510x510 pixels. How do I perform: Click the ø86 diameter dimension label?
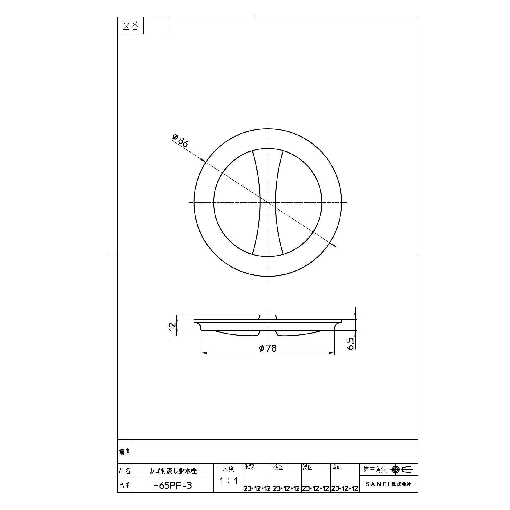click(181, 140)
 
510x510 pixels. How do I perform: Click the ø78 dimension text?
click(268, 348)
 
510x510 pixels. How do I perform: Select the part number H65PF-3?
click(172, 486)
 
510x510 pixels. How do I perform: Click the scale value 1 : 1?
click(229, 481)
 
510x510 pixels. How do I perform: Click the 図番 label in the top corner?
click(131, 26)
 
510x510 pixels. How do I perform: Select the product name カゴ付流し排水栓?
click(173, 471)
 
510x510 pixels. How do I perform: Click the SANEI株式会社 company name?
click(388, 484)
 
